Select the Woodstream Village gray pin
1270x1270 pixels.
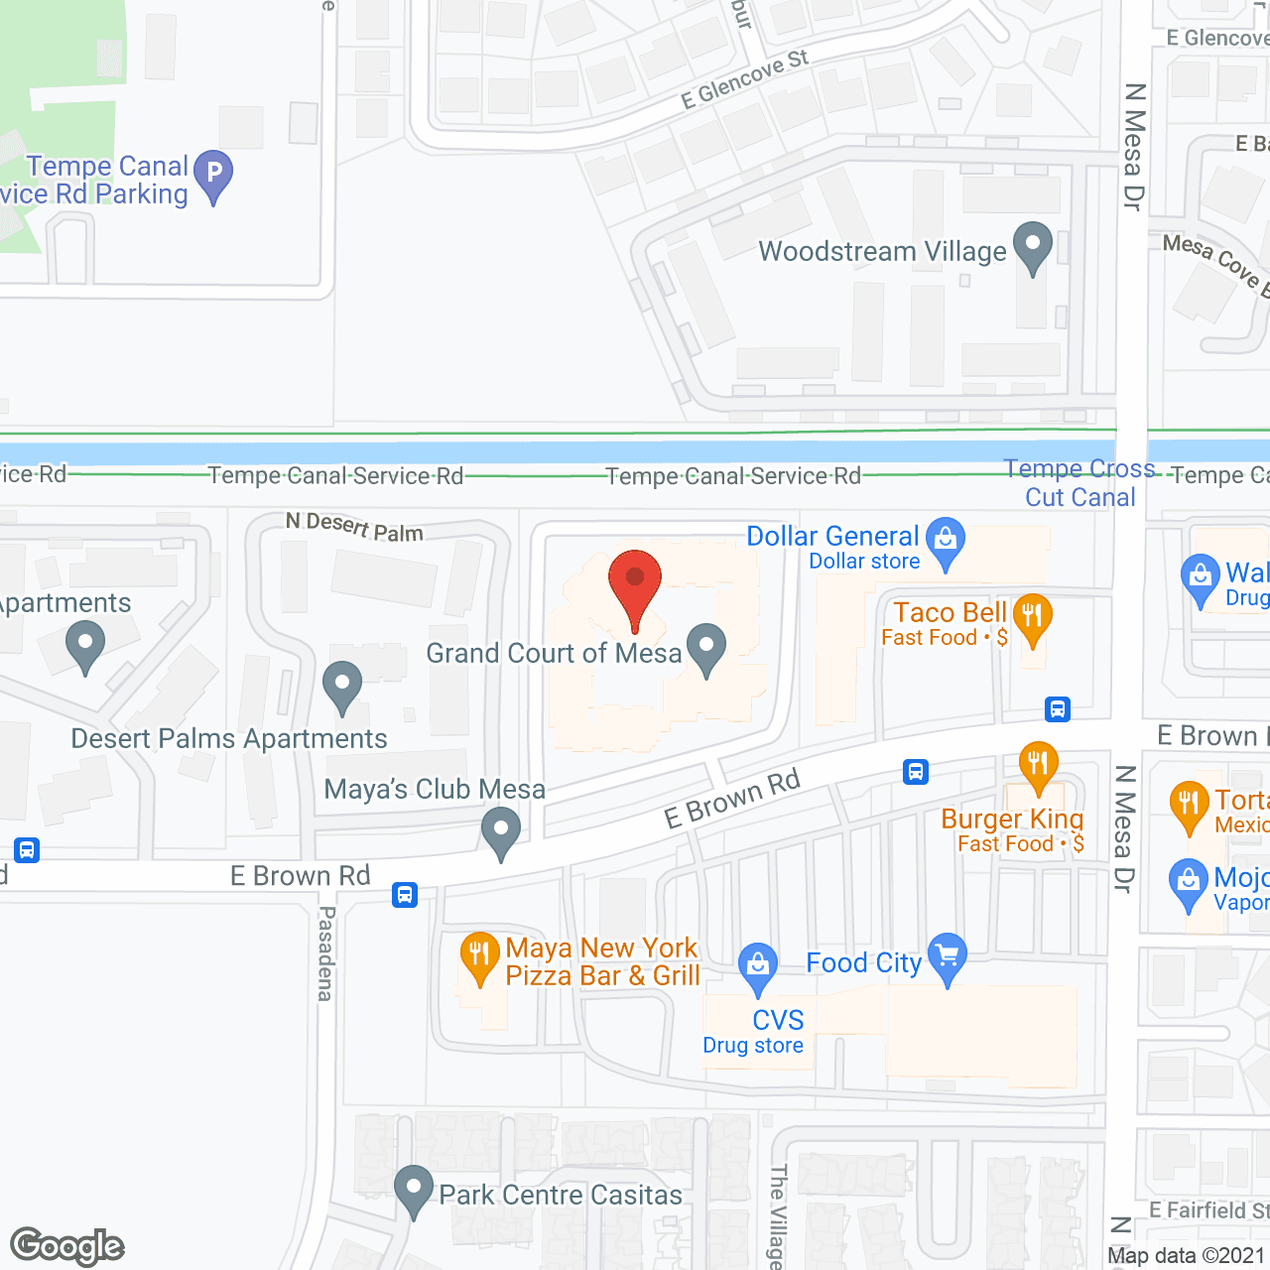tap(1033, 245)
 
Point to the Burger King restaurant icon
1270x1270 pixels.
tap(1038, 765)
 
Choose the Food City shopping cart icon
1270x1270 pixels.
tap(948, 956)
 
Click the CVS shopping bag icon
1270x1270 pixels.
tap(758, 965)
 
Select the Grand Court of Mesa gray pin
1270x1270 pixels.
tap(706, 647)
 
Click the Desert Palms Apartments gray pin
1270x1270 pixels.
tap(342, 685)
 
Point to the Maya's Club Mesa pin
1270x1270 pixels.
tap(501, 830)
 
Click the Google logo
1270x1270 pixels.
tap(67, 1246)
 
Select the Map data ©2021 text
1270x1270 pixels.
tap(1187, 1255)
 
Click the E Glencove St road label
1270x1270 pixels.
tap(744, 79)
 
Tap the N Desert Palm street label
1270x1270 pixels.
tap(354, 527)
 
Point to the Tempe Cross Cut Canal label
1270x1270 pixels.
tap(1079, 482)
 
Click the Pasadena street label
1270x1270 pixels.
tap(325, 952)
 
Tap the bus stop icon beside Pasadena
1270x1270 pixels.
tap(405, 895)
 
